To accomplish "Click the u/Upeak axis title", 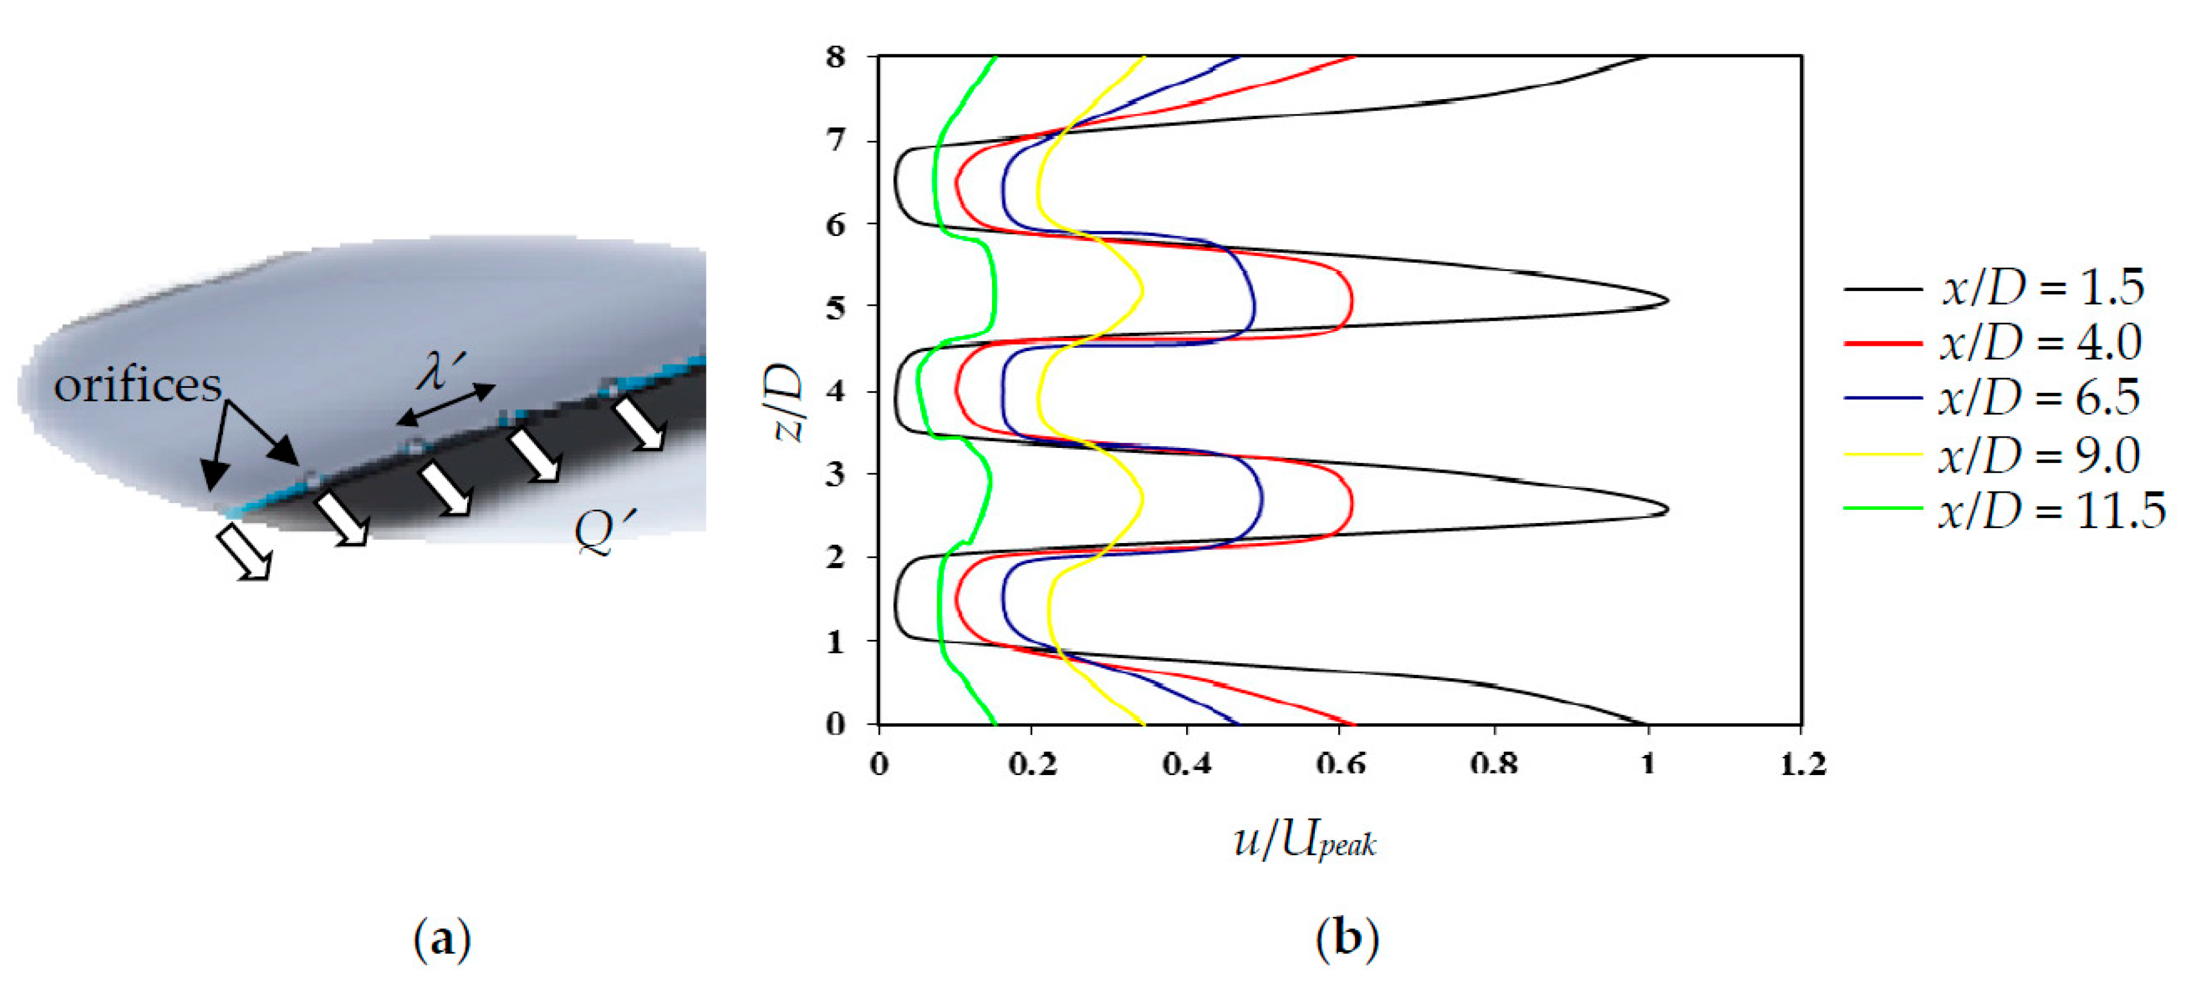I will (x=1305, y=842).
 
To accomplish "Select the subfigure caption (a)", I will (x=442, y=939).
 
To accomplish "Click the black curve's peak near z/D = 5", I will (x=1666, y=300).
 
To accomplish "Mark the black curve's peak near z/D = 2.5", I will (x=1666, y=510).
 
